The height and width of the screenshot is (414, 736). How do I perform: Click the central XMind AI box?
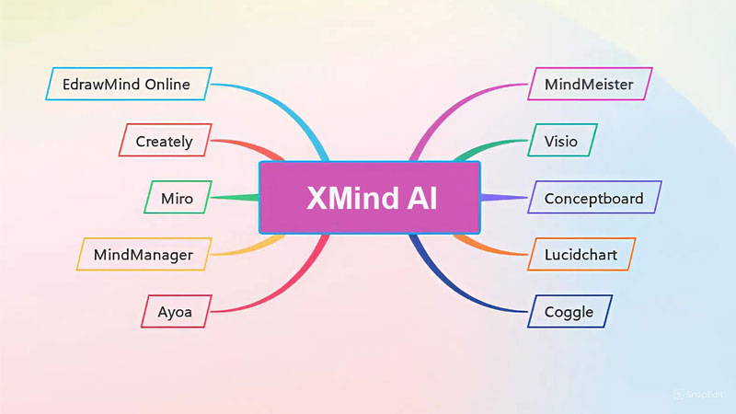click(x=370, y=197)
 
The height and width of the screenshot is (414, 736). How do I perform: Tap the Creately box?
click(x=165, y=141)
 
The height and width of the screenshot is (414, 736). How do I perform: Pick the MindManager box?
click(x=144, y=254)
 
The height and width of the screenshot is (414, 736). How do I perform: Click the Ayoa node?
click(x=177, y=310)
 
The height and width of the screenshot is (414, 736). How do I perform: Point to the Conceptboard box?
click(x=593, y=197)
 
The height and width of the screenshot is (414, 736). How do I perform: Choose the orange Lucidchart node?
click(x=581, y=254)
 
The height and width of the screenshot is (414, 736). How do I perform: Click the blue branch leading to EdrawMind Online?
click(x=276, y=101)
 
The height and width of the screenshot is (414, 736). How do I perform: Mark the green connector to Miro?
click(x=235, y=197)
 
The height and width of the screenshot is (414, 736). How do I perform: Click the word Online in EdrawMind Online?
click(x=167, y=85)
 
